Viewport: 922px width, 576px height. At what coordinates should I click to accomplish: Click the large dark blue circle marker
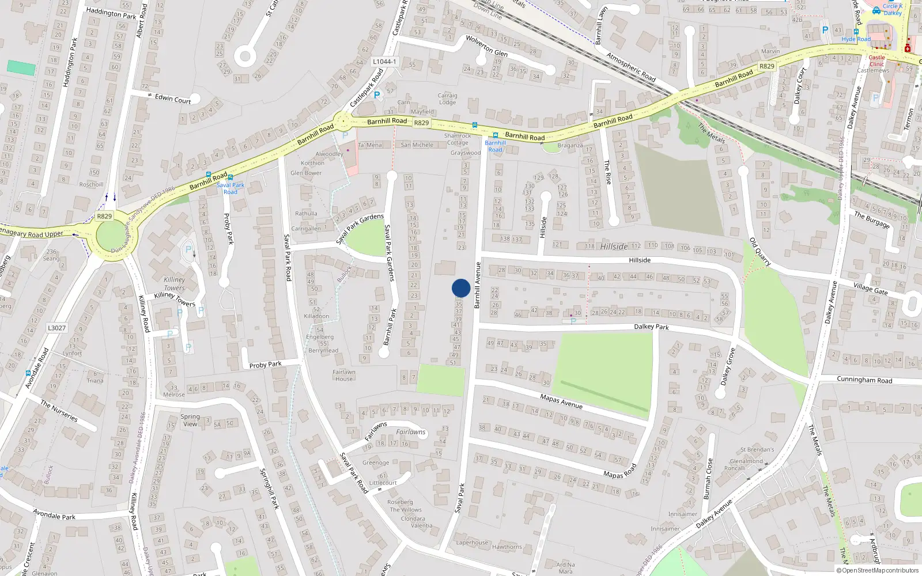click(461, 288)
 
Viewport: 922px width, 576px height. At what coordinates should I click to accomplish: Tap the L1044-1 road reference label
click(384, 62)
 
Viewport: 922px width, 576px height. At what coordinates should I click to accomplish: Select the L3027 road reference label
click(56, 328)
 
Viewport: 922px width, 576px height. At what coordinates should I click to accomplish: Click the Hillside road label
click(640, 260)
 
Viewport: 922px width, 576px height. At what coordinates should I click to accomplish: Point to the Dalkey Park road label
click(651, 327)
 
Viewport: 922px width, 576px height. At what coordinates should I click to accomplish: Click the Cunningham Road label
click(864, 380)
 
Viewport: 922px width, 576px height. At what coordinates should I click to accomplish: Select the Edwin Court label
click(173, 98)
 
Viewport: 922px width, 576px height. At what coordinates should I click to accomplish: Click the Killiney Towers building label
click(174, 283)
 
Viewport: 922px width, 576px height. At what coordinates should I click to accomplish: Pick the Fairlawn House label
click(344, 376)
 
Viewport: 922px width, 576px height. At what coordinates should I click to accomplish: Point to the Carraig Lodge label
click(447, 99)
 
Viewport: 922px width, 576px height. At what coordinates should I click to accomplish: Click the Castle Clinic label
click(876, 60)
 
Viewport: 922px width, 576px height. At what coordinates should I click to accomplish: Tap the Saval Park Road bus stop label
click(231, 188)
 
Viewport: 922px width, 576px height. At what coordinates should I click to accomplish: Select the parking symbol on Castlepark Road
click(377, 95)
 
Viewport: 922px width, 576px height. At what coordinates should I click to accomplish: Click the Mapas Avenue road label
click(561, 401)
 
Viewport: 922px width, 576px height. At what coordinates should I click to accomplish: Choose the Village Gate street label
click(870, 288)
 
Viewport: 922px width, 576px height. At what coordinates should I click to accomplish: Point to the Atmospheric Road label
click(631, 67)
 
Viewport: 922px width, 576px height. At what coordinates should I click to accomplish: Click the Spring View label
click(190, 420)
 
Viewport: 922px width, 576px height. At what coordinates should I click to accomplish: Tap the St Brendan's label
click(757, 449)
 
